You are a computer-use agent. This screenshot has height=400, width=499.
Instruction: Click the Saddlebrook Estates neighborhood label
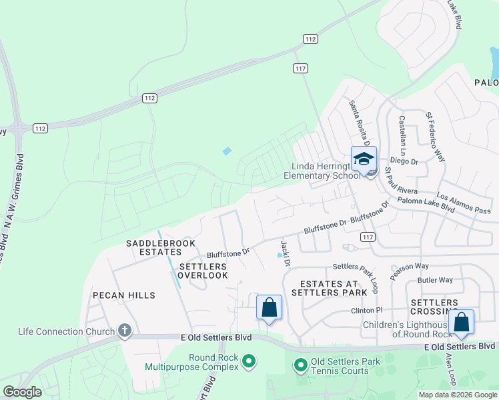pyautogui.click(x=153, y=248)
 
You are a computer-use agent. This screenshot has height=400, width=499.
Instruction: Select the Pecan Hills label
pyautogui.click(x=124, y=295)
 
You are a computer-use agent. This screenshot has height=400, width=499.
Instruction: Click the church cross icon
pyautogui.click(x=124, y=330)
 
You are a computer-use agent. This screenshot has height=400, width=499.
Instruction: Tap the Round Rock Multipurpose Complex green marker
pyautogui.click(x=249, y=362)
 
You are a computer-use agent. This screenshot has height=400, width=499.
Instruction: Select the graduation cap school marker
pyautogui.click(x=364, y=159)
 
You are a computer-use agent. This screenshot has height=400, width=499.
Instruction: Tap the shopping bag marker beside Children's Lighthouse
pyautogui.click(x=462, y=323)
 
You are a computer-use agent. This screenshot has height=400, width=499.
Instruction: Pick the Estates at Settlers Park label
pyautogui.click(x=334, y=288)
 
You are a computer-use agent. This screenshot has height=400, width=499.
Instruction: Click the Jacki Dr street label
pyautogui.click(x=286, y=254)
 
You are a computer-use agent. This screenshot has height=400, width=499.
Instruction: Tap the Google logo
pyautogui.click(x=22, y=392)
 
